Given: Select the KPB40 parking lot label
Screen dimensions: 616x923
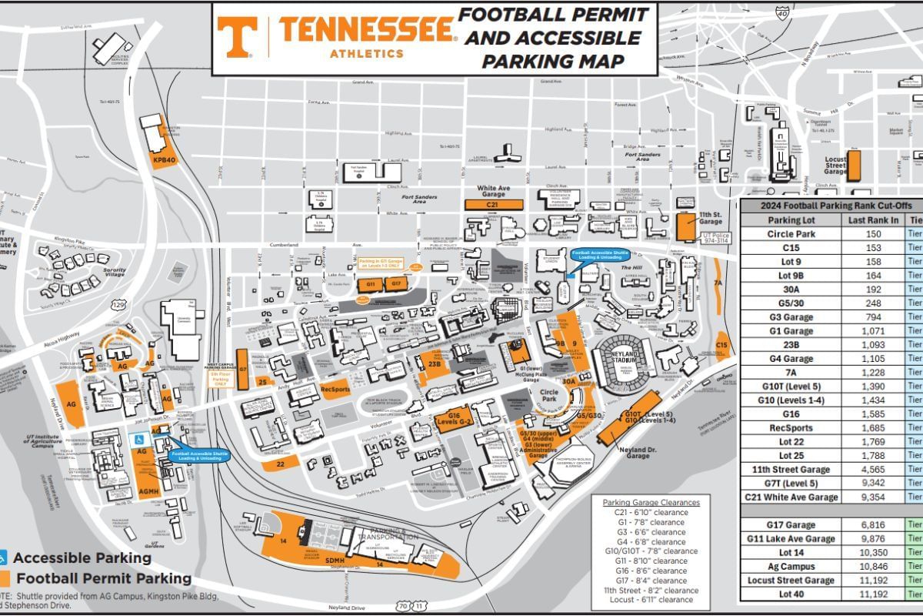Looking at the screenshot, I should pos(164,160).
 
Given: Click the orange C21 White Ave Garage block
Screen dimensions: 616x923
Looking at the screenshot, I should pos(493,205).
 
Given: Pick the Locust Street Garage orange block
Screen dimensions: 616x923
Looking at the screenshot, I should pos(854,165).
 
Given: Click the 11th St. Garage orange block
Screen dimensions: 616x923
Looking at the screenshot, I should pos(685,228).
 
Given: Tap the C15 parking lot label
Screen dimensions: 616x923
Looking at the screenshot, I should pos(721,346).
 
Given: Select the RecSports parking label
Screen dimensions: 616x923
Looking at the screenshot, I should pos(336,389).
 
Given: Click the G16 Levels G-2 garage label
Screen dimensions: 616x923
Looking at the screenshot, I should pos(455,418).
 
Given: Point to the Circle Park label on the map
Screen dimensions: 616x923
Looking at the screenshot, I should pos(548,395).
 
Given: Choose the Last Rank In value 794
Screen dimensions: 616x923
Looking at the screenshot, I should pos(873,316).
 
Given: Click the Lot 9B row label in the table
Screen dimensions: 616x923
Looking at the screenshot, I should pos(791,275).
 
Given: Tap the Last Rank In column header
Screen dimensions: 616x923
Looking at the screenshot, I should pos(873,219).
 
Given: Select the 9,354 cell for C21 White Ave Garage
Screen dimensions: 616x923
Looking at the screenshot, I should pos(873,497).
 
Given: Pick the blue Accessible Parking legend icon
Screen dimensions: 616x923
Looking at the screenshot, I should pos(3,557).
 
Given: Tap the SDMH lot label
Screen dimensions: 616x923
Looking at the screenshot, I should pos(335,560).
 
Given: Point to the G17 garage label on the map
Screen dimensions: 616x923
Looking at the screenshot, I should pos(395,284).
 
